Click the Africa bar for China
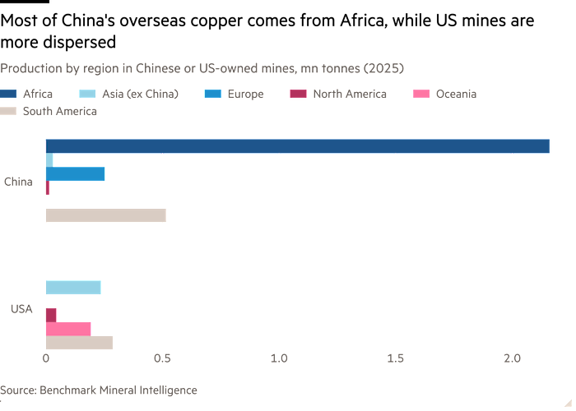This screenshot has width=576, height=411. [297, 146]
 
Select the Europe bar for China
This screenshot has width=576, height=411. [76, 174]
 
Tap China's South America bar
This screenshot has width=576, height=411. [106, 215]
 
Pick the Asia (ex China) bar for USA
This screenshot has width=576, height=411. [74, 287]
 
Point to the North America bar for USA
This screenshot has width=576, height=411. [51, 315]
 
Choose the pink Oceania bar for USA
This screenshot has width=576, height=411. [68, 329]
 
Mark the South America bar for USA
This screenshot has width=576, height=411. [79, 343]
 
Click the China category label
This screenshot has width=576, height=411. [17, 182]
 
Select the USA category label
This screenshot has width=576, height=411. [21, 308]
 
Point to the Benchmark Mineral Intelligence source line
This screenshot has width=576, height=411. [99, 390]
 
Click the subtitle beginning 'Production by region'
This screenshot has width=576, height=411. [202, 67]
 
